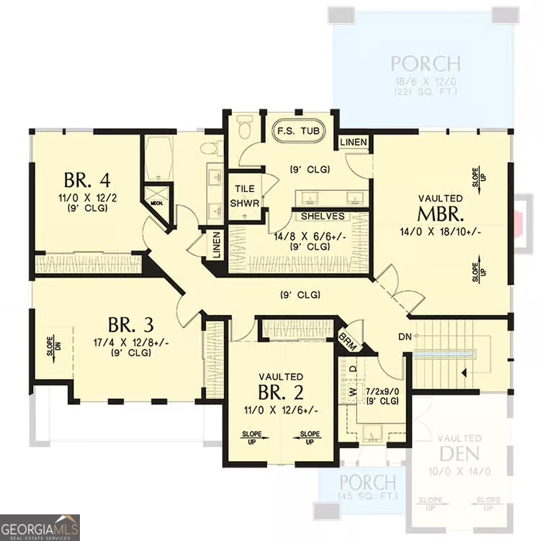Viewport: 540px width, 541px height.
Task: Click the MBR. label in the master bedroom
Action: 441,214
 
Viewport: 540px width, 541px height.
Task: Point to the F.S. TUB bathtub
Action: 300,132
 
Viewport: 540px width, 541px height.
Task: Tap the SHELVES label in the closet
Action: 322,216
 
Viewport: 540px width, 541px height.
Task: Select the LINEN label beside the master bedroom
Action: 354,142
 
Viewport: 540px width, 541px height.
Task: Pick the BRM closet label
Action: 348,340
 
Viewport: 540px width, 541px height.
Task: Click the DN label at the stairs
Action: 403,336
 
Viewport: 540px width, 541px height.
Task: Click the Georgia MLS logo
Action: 40,527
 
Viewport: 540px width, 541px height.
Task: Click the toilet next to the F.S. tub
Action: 243,128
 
